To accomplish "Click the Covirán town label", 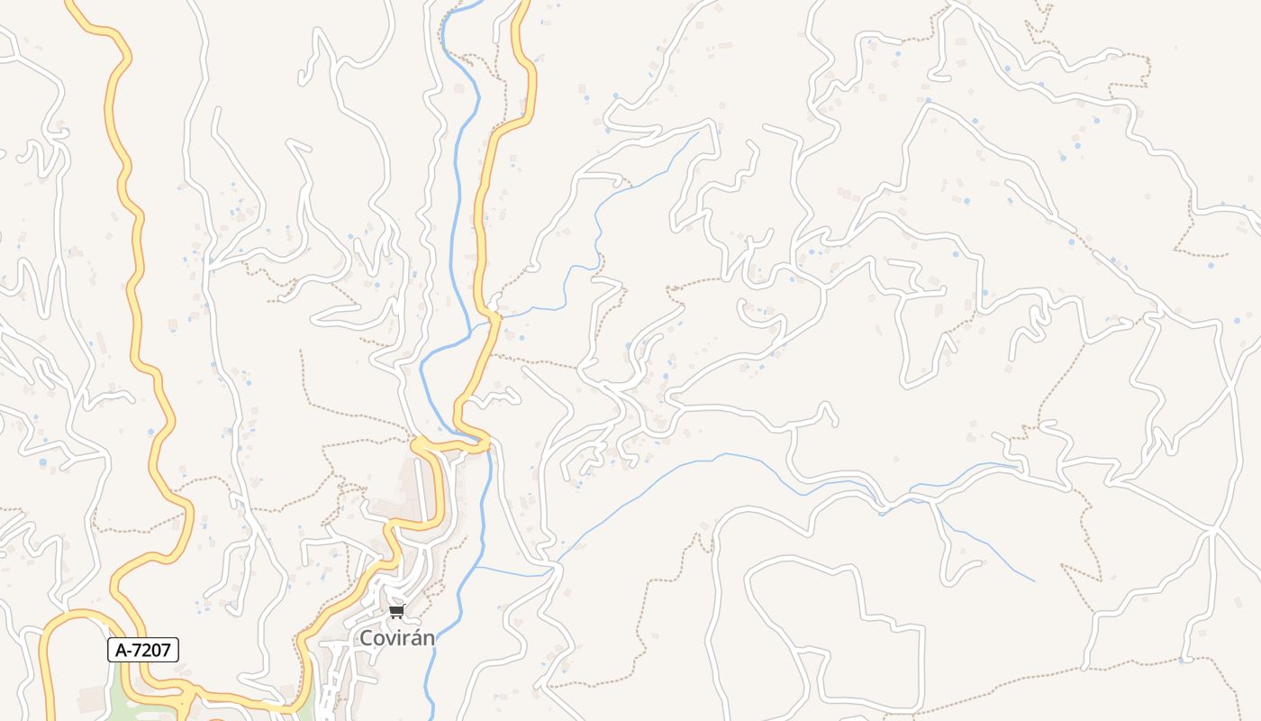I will click(x=397, y=638).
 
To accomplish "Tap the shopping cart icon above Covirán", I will click(x=396, y=612).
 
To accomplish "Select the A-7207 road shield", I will click(x=143, y=649).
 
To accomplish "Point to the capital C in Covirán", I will click(x=367, y=638).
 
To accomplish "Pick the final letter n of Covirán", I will click(x=429, y=639).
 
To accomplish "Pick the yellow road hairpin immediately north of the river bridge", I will click(x=459, y=410).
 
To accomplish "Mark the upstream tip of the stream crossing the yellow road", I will click(x=699, y=132).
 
